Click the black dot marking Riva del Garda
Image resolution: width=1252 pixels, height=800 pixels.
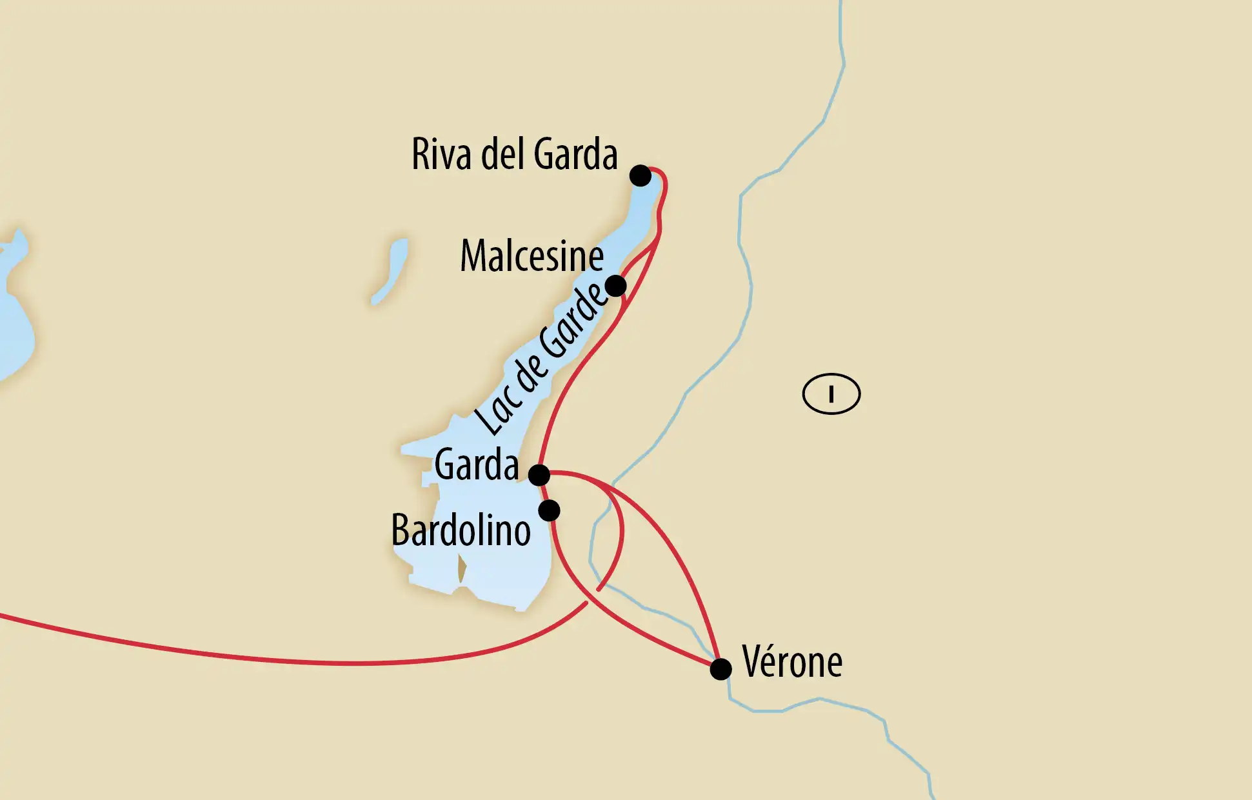(x=640, y=175)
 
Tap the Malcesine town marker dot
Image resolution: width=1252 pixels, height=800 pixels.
(x=615, y=285)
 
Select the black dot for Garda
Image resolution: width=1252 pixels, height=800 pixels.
(x=539, y=475)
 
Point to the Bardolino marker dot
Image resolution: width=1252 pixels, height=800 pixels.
(x=549, y=510)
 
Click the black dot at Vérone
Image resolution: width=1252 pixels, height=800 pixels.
(x=720, y=669)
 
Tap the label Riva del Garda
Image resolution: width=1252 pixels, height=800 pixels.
(x=514, y=155)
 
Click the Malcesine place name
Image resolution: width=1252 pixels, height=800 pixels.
(x=532, y=256)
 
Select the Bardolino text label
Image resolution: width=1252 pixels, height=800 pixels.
(x=461, y=531)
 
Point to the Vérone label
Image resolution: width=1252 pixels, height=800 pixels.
(x=792, y=662)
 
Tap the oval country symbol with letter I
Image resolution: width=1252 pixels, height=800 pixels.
(x=831, y=394)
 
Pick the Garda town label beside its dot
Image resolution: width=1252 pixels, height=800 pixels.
(x=476, y=465)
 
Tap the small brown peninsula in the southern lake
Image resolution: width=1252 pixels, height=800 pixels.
(x=462, y=569)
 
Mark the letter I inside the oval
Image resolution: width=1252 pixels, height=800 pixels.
(x=831, y=394)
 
